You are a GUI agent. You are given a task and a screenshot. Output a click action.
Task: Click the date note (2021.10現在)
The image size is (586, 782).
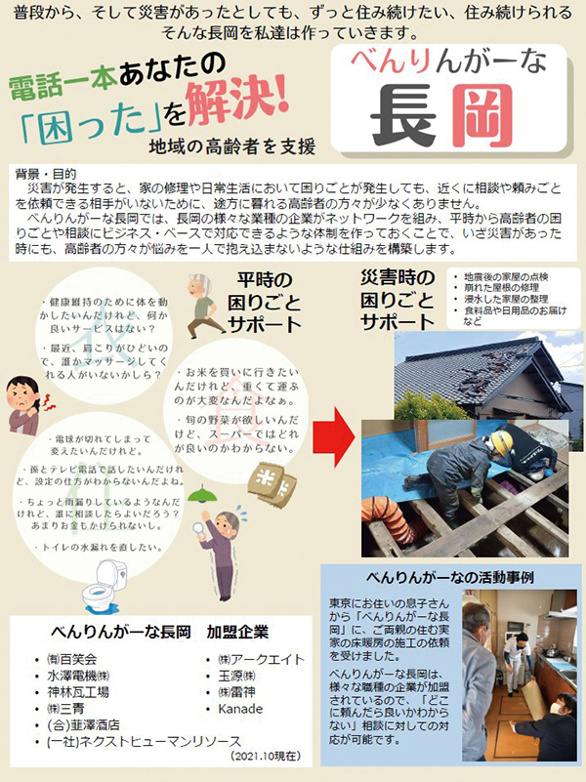[x=265, y=757]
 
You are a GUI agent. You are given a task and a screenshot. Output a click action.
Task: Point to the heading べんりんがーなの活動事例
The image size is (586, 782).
[x=450, y=575]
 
